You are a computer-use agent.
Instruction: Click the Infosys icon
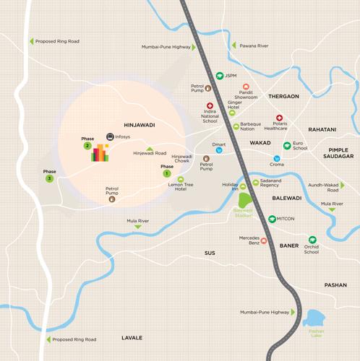110,136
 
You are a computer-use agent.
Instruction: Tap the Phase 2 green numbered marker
87,146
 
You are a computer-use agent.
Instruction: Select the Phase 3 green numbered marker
49,178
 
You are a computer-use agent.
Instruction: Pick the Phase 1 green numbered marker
167,173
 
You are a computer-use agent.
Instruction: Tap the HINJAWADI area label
140,125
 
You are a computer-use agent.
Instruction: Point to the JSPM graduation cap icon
219,76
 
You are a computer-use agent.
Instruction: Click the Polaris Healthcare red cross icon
279,118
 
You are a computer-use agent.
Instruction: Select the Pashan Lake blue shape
316,318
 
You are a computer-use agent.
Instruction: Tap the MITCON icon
273,219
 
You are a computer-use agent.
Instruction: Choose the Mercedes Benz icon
263,240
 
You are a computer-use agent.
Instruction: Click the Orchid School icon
312,239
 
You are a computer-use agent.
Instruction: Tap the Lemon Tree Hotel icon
181,180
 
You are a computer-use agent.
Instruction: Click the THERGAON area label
283,96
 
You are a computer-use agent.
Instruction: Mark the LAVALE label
132,337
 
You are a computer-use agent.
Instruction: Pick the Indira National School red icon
210,105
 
